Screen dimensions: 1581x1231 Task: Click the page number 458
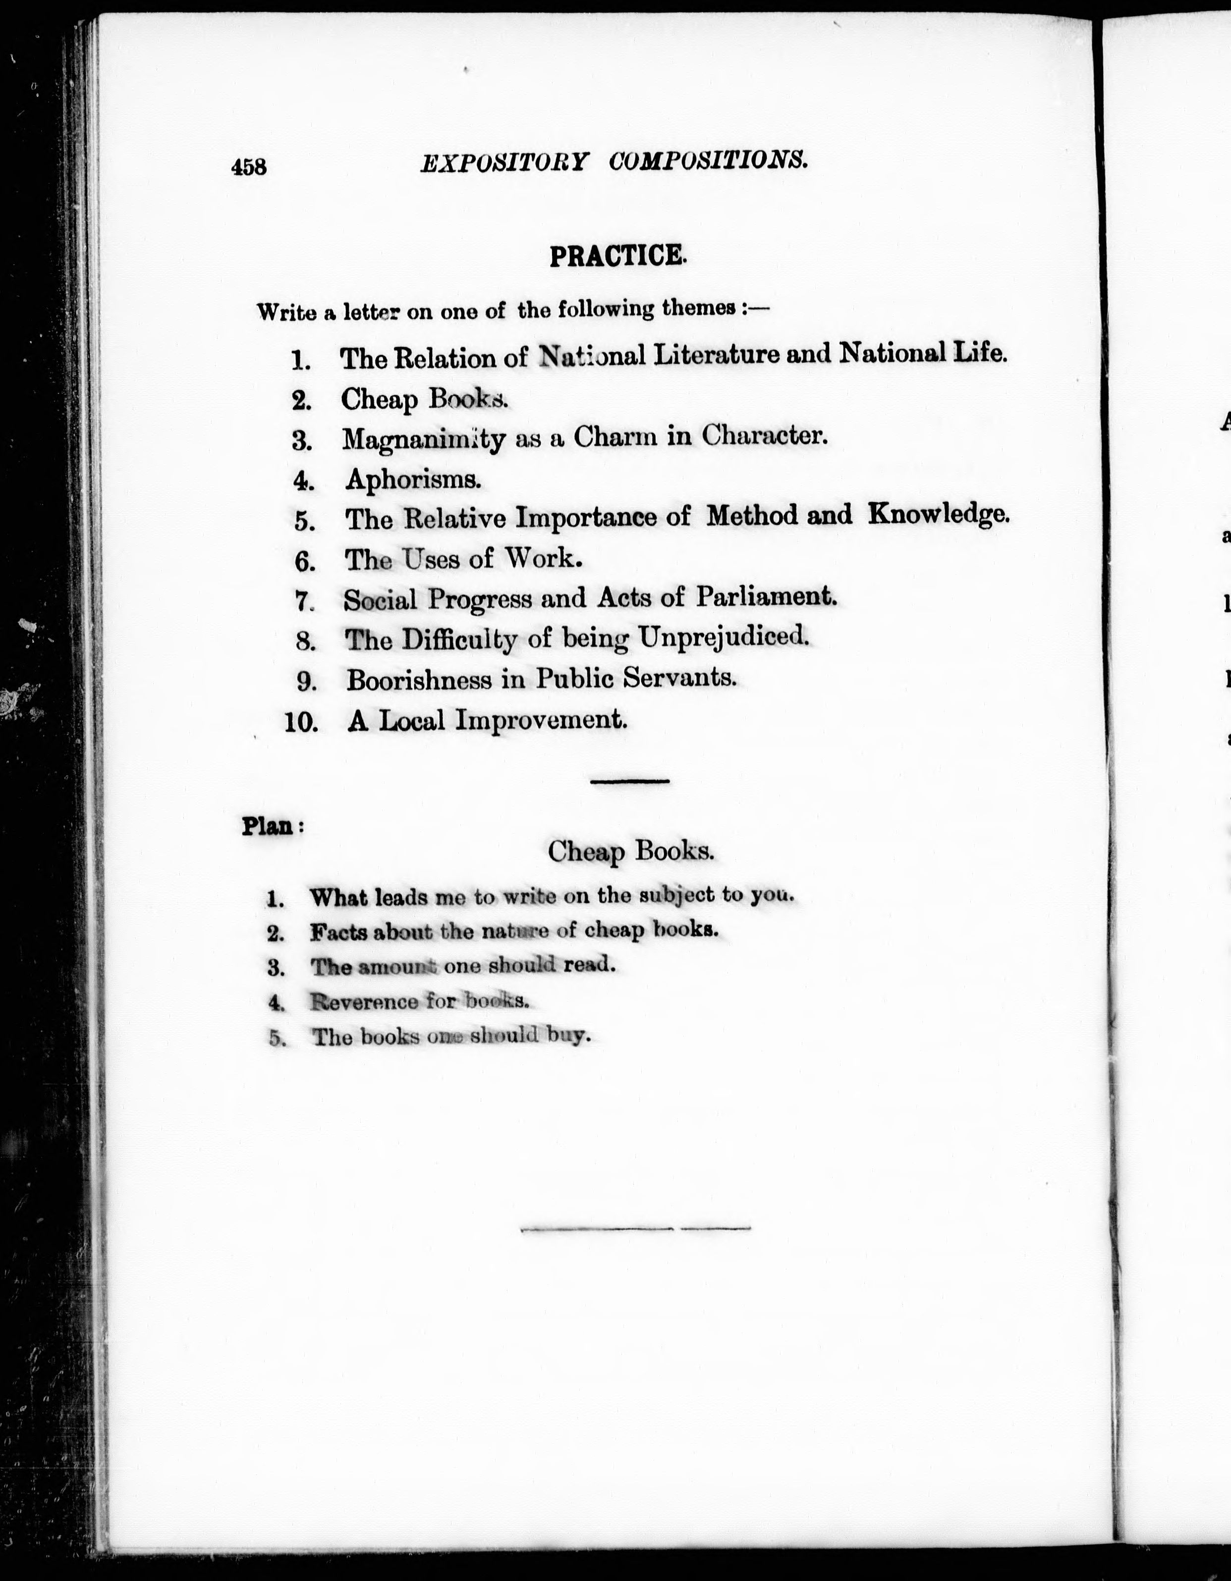[249, 167]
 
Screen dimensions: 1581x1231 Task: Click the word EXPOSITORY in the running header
[504, 161]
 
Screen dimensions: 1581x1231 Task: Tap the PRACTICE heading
[617, 256]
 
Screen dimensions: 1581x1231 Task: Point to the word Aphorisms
[413, 479]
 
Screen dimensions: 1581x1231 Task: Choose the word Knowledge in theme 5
[938, 514]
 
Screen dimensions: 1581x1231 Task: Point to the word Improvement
[540, 720]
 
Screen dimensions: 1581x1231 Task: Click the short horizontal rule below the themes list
[629, 781]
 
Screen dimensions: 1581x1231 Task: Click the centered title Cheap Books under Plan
[630, 851]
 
